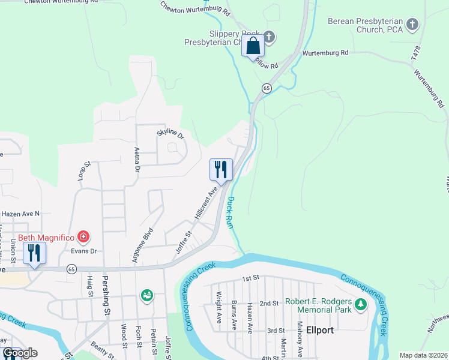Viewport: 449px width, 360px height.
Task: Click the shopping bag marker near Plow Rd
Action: (253, 46)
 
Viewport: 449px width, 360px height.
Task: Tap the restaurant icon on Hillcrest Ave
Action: (221, 169)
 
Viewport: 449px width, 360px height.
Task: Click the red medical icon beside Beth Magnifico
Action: (83, 237)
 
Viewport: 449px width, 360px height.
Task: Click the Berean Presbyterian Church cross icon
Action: (412, 25)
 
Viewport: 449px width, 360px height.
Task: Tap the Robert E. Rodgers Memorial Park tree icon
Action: (360, 304)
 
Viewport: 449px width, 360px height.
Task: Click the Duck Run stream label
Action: (229, 212)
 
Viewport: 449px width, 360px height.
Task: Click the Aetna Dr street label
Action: (136, 159)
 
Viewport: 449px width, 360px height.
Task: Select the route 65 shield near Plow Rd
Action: (266, 88)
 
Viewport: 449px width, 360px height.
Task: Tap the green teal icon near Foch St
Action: (146, 295)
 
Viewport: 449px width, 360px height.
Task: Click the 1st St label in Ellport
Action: (250, 279)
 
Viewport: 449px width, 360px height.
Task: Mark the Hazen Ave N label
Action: (20, 213)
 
